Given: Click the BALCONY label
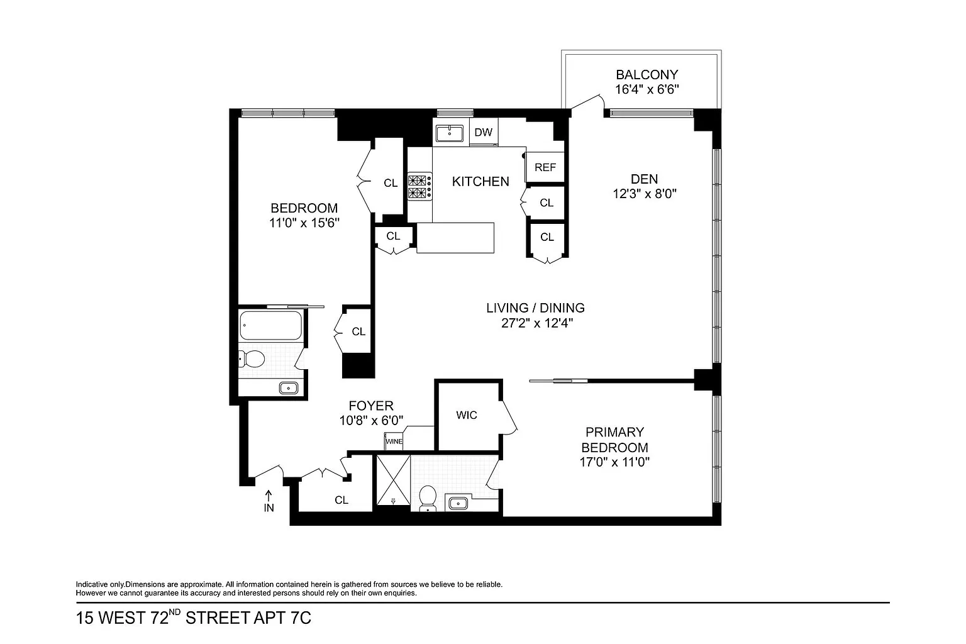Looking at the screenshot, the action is (647, 75).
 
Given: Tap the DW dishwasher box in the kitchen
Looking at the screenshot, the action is (483, 132).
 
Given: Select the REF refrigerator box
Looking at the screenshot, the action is (545, 167).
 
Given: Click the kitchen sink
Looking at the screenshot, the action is (450, 133).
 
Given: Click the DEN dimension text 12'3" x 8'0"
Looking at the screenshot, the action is (645, 194).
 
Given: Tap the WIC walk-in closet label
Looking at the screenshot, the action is (467, 415).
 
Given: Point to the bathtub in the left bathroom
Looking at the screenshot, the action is (271, 325).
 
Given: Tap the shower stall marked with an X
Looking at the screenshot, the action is (393, 480).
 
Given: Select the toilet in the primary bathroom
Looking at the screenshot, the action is (428, 499).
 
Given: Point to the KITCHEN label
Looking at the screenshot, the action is (480, 182).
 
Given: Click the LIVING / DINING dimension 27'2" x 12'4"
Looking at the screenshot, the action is (537, 323).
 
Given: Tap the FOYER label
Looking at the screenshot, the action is (371, 406).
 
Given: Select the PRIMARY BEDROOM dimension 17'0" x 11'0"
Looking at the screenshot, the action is (614, 462).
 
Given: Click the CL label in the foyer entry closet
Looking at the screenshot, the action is (341, 500).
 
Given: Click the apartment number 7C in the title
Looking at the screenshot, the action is (301, 618).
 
